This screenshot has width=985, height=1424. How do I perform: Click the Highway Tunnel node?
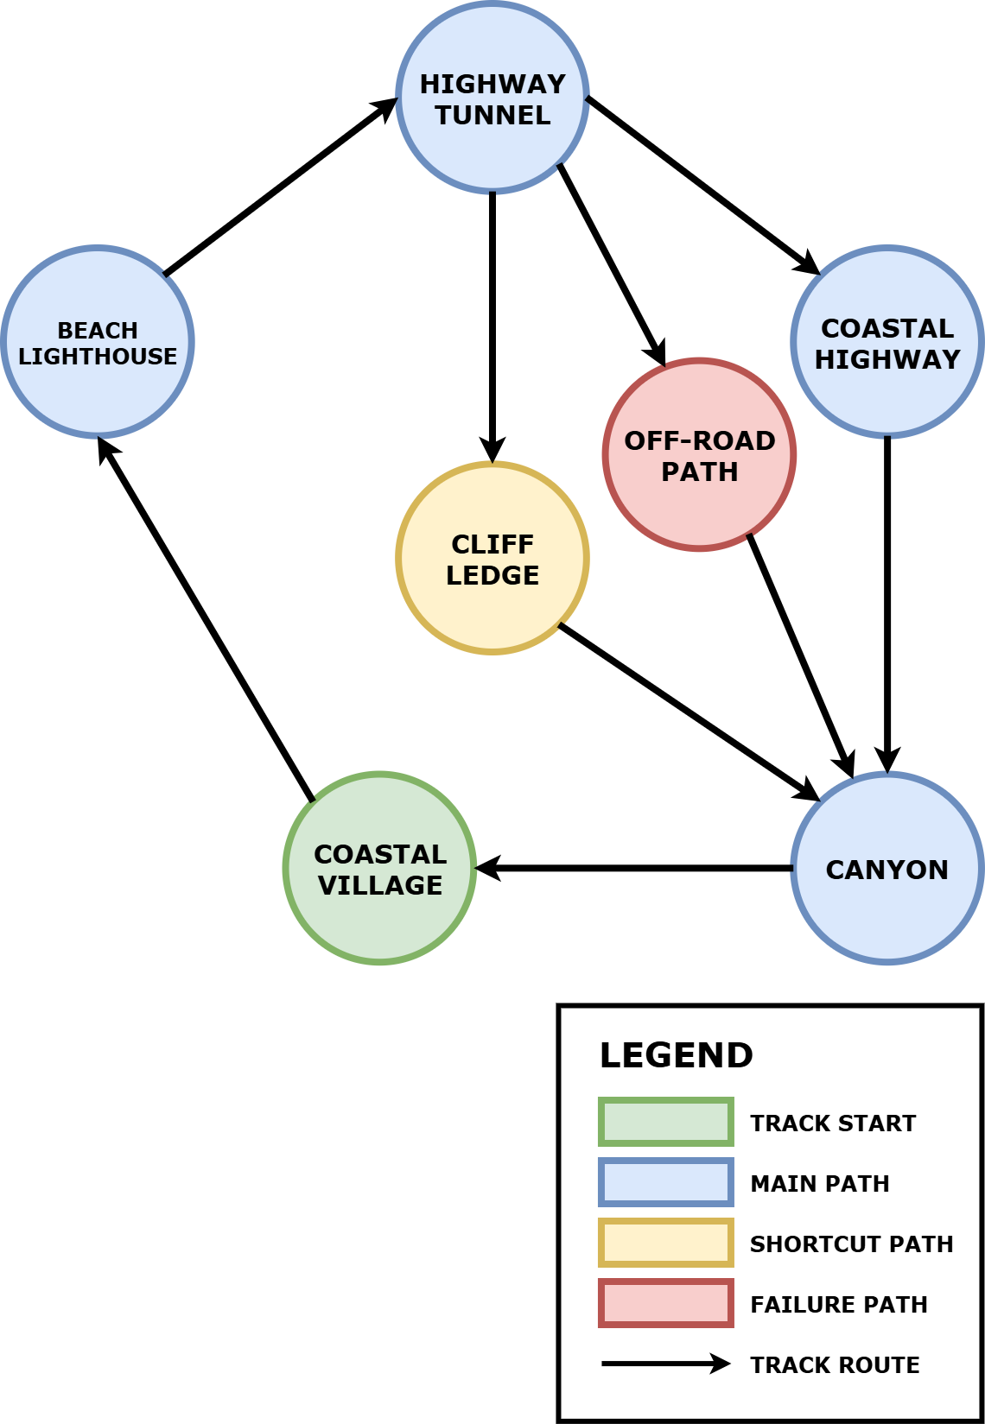coord(492,97)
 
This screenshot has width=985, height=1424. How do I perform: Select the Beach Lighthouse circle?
coord(98,342)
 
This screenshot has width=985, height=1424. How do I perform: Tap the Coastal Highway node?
coord(887,342)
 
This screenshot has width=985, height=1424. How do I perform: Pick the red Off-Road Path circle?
coord(699,454)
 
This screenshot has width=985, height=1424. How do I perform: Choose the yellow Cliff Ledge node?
coord(492,558)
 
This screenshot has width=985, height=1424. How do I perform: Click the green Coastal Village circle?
coord(380,868)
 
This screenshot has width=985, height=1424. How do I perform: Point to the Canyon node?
coord(887,868)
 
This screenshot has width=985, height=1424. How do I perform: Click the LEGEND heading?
coord(676,1055)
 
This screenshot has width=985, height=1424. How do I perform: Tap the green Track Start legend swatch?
coord(665,1122)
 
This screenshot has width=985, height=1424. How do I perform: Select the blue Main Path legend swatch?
coord(665,1182)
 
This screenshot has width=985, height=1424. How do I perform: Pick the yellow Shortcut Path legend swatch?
coord(665,1243)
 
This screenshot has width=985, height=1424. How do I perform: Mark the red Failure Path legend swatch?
coord(665,1303)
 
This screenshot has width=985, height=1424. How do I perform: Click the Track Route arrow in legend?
coord(665,1364)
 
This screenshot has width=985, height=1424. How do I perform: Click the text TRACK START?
coord(832,1123)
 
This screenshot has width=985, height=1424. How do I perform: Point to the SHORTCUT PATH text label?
coord(851,1244)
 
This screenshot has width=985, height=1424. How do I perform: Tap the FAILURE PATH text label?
coord(838,1304)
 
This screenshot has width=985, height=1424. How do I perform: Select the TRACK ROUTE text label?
coord(834,1364)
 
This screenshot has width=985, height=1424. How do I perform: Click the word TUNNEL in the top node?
coord(492,115)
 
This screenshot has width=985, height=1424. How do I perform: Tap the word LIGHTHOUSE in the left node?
coord(98,357)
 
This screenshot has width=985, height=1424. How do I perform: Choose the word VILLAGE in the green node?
coord(380,885)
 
